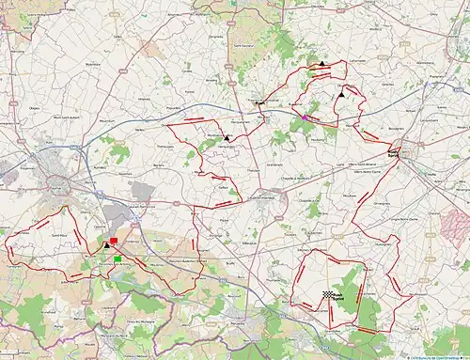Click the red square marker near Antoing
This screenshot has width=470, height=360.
114,242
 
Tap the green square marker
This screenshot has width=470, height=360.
117,258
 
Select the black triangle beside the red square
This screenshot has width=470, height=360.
106,247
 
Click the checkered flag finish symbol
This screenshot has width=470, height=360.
327,294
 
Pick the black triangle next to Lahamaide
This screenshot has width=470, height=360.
321,63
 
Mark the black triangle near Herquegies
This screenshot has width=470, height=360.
227,138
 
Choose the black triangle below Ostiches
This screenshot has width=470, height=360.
343,94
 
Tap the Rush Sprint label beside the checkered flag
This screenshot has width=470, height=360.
339,298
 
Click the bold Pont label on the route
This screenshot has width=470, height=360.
260,102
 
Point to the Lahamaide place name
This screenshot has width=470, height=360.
331,58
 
